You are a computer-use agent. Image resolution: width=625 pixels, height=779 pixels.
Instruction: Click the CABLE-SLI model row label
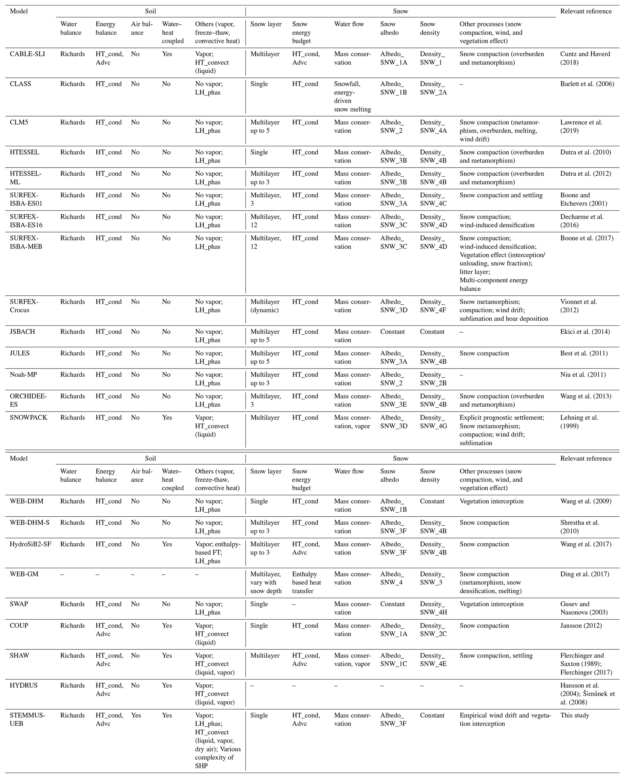point(27,54)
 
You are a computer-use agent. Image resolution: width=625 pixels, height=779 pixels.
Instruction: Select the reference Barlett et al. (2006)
point(587,84)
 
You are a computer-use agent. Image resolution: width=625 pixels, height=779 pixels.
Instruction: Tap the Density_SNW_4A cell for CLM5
point(433,126)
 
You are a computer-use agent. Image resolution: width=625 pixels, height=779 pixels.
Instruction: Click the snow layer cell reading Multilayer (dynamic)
point(265,306)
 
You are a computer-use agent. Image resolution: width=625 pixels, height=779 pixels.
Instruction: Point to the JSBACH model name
point(22,332)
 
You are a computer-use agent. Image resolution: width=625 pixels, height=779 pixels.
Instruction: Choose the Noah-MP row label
point(23,375)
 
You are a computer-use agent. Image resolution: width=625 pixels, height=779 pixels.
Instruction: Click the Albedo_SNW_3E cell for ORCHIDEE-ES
point(393,400)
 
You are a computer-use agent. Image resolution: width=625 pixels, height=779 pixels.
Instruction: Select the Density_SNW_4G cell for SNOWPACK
point(433,422)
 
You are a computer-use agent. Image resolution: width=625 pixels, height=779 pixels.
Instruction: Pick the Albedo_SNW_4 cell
point(392,578)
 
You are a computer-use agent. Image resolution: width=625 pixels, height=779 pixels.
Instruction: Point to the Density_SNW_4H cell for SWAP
point(433,608)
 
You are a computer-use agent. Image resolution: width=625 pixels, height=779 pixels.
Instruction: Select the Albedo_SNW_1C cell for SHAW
point(393,660)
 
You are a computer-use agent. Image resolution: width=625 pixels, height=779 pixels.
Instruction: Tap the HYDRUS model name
point(24,685)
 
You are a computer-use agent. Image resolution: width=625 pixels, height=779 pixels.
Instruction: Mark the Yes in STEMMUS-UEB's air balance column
point(136,716)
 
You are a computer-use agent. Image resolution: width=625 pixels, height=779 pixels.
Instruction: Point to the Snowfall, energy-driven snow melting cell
point(352,96)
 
